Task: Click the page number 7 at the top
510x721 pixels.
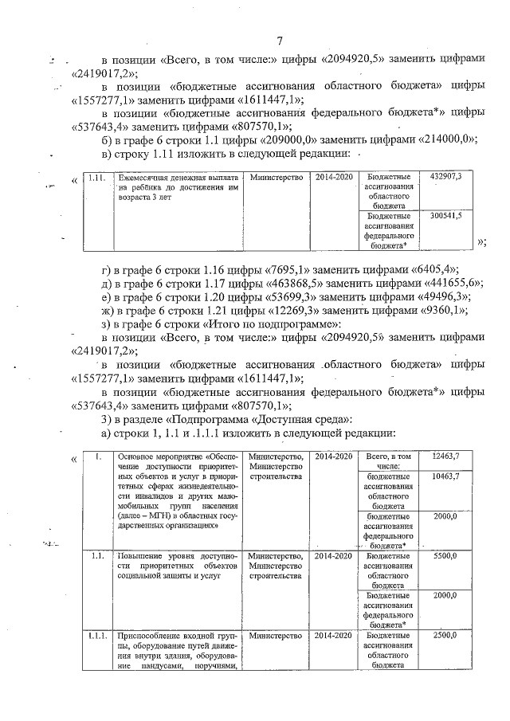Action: (280, 41)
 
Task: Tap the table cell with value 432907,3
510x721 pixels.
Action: (445, 175)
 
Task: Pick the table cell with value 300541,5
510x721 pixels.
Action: (445, 215)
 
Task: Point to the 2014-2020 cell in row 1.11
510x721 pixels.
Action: (332, 175)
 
